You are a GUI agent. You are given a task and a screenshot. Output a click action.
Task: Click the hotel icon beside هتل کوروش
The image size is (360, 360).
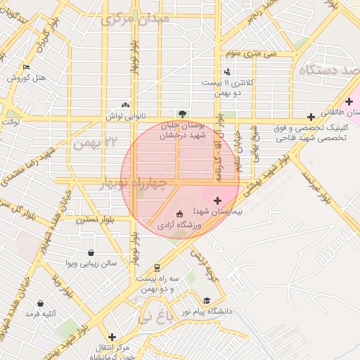pyautogui.click(x=26, y=67)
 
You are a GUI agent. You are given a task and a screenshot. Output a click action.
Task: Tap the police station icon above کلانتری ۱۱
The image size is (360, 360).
pyautogui.click(x=226, y=71)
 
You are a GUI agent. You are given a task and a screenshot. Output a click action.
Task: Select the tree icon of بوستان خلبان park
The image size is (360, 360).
pyautogui.click(x=183, y=113)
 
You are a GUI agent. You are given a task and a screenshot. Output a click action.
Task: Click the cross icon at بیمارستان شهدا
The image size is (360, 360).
pyautogui.click(x=217, y=201)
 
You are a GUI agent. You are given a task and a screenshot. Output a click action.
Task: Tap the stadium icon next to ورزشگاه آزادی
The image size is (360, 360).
pyautogui.click(x=179, y=213)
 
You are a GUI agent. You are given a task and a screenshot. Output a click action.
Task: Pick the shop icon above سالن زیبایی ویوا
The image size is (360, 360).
pyautogui.click(x=91, y=252)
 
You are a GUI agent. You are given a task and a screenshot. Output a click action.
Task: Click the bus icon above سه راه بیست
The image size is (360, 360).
pyautogui.click(x=156, y=267)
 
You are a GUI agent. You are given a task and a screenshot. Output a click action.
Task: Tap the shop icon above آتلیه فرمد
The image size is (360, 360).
pyautogui.click(x=40, y=304)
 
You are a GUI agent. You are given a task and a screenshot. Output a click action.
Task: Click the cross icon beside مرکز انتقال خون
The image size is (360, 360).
pyautogui.click(x=111, y=336)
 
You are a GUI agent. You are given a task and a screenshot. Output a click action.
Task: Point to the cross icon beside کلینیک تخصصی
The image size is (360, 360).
pyautogui.click(x=311, y=117)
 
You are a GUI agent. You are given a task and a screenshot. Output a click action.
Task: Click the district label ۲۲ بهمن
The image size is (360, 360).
pyautogui.click(x=95, y=143)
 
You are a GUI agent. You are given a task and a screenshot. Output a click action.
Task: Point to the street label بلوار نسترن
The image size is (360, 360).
pyautogui.click(x=99, y=221)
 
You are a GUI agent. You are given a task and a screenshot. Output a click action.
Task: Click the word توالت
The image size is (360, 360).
pyautogui.click(x=11, y=122)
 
